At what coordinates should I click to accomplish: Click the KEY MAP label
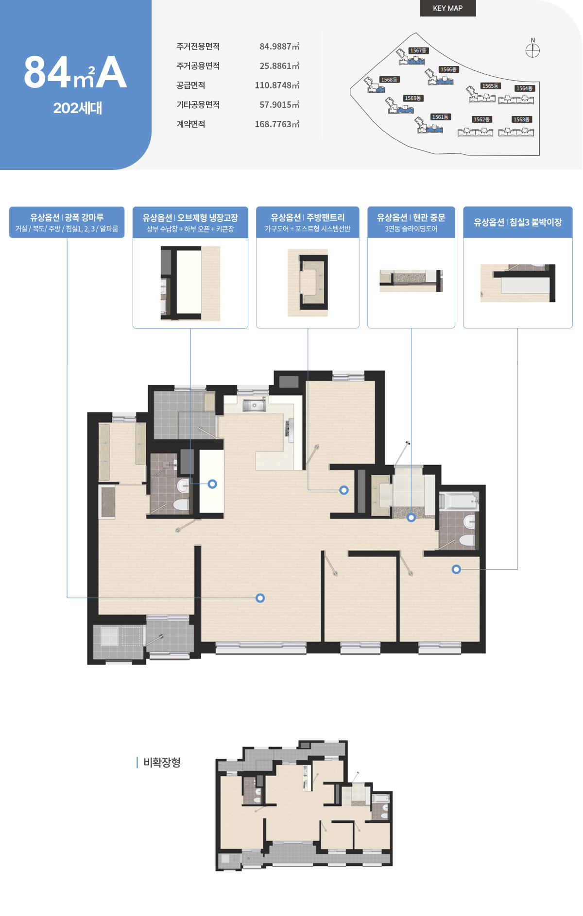tap(447, 8)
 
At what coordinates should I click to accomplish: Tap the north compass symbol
tap(532, 50)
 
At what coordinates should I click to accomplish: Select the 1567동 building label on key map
tap(418, 50)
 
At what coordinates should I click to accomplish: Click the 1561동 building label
tap(441, 117)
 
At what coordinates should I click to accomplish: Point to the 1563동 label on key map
tap(522, 119)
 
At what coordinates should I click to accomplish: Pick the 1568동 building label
tap(389, 80)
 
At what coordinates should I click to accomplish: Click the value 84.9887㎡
tap(279, 47)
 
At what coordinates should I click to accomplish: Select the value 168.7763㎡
tap(277, 124)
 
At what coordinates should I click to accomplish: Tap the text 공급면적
tap(190, 85)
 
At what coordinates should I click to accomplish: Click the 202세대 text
tap(78, 108)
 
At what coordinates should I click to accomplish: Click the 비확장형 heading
tap(162, 763)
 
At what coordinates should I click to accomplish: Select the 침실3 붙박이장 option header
tap(518, 222)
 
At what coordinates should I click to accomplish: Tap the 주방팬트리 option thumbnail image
tap(308, 283)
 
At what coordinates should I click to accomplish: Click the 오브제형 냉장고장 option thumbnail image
tap(190, 283)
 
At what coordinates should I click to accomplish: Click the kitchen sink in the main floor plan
tap(254, 405)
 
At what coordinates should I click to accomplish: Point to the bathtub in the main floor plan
tap(459, 501)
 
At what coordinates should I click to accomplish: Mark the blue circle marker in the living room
tap(260, 598)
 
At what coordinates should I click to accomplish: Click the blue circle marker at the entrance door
tap(411, 517)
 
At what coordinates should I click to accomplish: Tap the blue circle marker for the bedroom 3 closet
tap(456, 569)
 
